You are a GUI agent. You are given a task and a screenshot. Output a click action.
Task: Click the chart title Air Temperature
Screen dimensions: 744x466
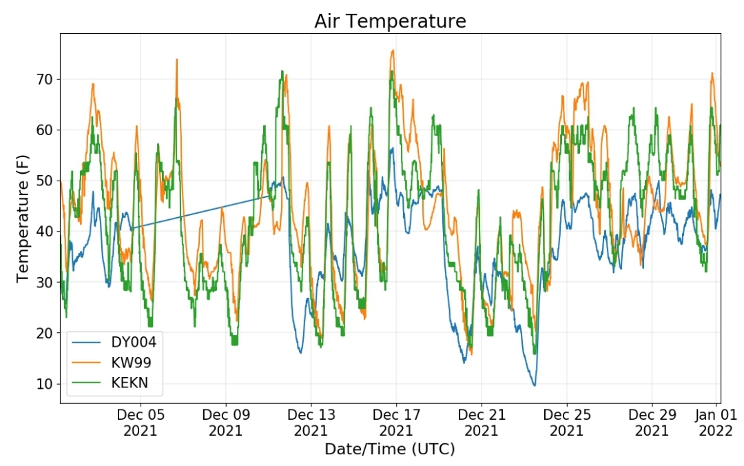(390, 21)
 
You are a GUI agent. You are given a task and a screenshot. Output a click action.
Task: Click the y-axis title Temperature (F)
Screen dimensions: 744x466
(22, 219)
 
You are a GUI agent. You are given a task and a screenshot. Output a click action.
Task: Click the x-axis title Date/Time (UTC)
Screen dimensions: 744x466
(389, 449)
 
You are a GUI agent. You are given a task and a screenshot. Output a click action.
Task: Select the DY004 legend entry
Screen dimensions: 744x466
(114, 342)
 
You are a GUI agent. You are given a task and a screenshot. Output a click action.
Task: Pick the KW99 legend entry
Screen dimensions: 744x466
(112, 363)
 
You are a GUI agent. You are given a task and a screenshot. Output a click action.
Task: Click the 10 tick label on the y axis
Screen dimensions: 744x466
(45, 384)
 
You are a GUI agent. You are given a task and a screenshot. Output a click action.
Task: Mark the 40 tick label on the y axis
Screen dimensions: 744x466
(45, 232)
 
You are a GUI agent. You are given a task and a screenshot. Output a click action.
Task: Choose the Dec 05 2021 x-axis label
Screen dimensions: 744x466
(141, 423)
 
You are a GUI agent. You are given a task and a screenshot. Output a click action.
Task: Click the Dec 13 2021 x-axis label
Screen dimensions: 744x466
(311, 423)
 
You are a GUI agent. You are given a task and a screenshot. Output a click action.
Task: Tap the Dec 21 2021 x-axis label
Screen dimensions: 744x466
(482, 423)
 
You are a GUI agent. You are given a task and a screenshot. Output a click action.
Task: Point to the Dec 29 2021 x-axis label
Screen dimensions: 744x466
(652, 423)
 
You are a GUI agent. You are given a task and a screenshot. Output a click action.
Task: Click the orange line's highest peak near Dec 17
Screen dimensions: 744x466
(393, 50)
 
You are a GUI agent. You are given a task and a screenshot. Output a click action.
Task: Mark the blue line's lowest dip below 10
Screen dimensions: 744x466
(535, 385)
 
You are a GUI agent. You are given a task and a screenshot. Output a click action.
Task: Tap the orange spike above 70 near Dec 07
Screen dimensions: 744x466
(177, 59)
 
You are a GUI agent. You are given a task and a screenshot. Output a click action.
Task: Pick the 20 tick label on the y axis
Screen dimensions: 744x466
(45, 333)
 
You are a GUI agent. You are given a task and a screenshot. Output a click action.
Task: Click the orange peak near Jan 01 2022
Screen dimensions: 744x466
(712, 73)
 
